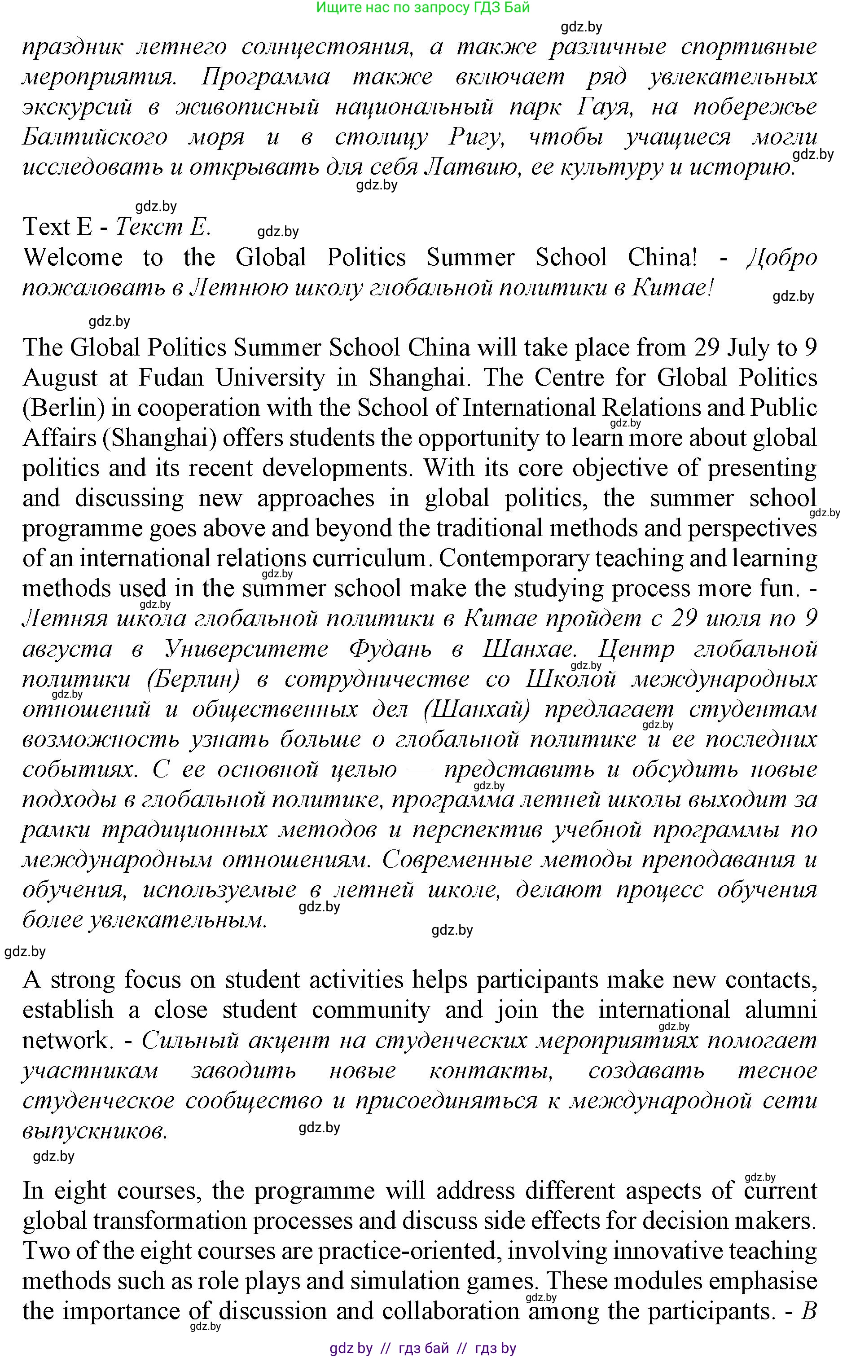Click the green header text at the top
[x=423, y=7]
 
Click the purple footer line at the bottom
[x=423, y=1348]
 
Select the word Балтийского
[x=95, y=138]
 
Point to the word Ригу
[x=477, y=138]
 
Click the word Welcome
[x=73, y=258]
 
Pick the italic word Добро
[x=782, y=258]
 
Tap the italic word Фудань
[x=390, y=649]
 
